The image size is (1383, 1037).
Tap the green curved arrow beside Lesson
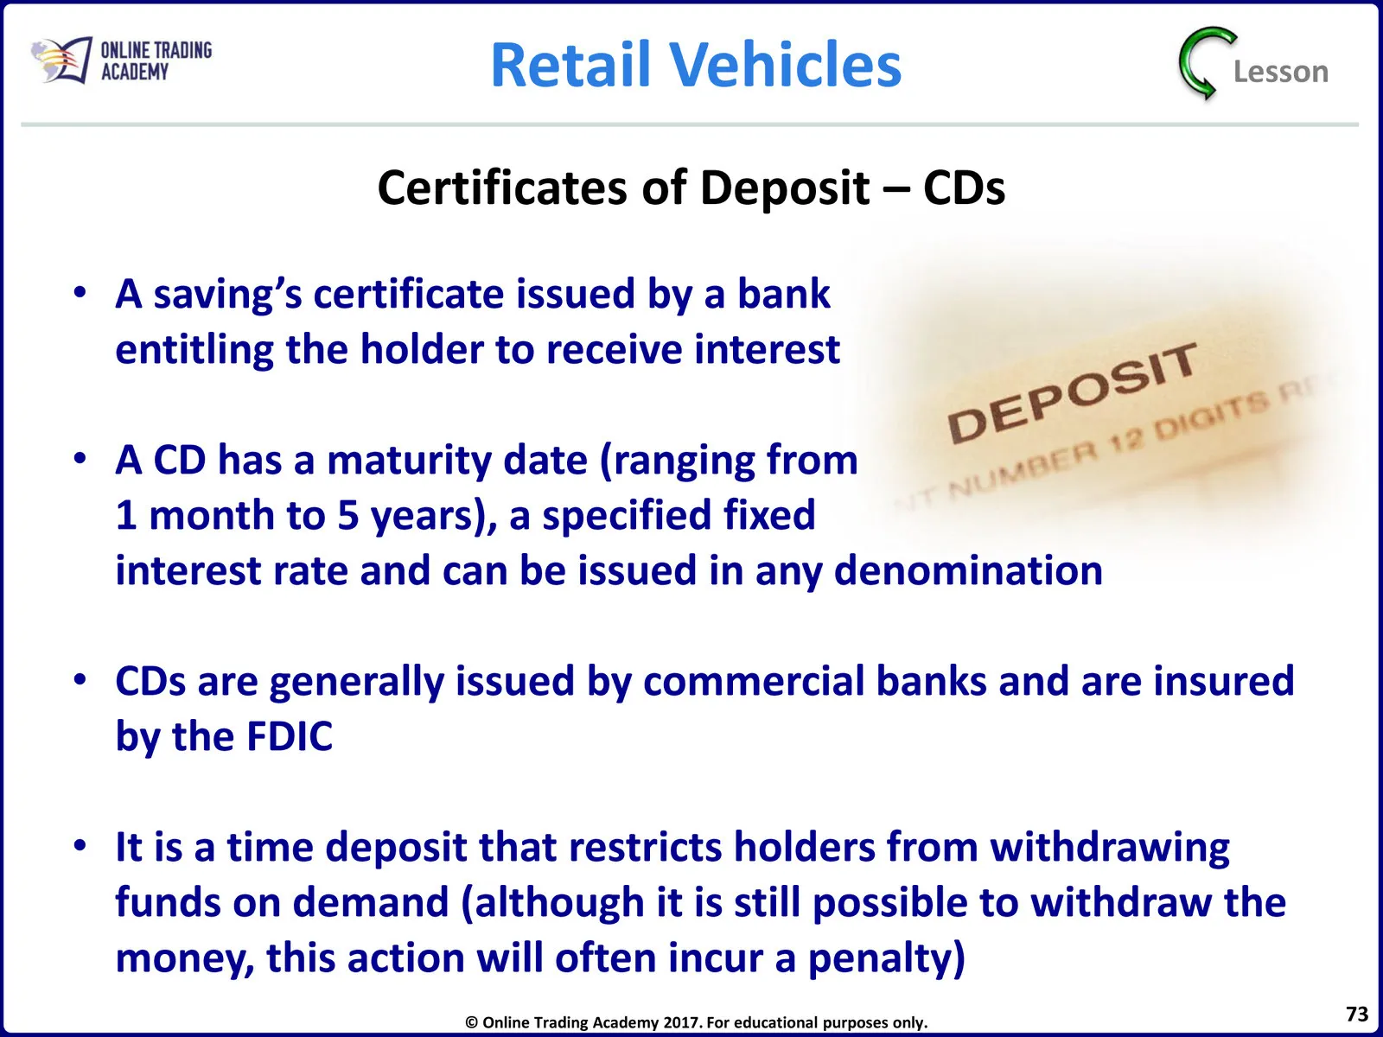(x=1206, y=63)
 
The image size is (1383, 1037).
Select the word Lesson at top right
(x=1281, y=72)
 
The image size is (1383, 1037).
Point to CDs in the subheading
(x=964, y=188)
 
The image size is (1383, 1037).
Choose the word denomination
(x=968, y=570)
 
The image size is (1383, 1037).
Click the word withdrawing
(x=1110, y=848)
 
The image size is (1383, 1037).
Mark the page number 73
(x=1357, y=1014)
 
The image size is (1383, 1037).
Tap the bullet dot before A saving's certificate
(x=80, y=292)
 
